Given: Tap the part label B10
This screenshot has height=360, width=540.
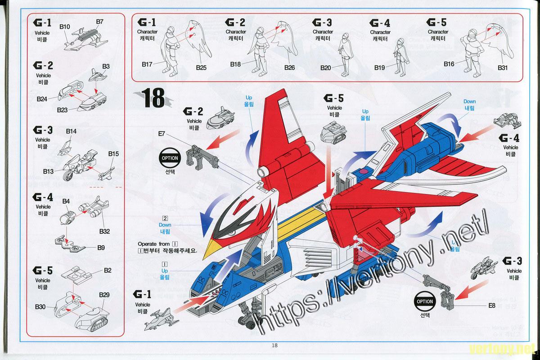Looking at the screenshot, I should (64, 27).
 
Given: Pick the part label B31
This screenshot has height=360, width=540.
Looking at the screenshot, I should (503, 67).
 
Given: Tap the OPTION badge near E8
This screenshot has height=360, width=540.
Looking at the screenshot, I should (425, 301).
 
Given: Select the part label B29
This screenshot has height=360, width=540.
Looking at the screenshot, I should (104, 294).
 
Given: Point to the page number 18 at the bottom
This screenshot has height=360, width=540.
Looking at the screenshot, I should (274, 346).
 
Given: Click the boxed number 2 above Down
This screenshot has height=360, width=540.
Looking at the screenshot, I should (165, 218).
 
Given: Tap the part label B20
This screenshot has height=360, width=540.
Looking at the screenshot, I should (326, 67).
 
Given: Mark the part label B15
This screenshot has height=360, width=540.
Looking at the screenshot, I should (113, 154).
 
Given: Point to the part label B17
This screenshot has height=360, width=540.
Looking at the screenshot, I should (147, 64).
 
